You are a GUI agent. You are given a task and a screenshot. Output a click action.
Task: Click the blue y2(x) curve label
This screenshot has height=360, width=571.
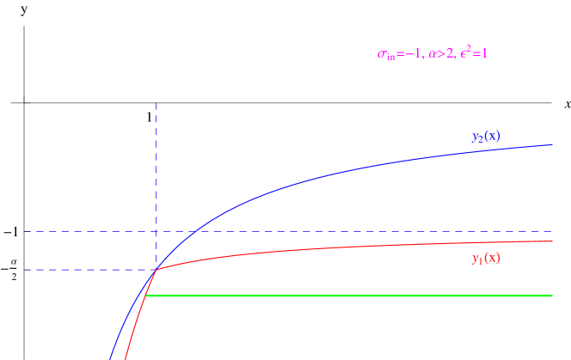click(486, 136)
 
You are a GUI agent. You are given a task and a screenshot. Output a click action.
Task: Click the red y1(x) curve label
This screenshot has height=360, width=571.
click(486, 258)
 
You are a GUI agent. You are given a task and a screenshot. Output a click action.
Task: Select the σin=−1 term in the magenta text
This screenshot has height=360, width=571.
click(399, 54)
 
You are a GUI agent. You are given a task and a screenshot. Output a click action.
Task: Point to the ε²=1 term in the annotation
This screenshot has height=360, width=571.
click(474, 53)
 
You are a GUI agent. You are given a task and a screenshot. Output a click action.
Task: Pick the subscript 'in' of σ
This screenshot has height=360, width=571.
click(390, 57)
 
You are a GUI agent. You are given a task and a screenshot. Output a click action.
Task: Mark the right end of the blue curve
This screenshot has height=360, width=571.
click(552, 144)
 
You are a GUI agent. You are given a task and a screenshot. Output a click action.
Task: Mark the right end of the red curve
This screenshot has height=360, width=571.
click(552, 241)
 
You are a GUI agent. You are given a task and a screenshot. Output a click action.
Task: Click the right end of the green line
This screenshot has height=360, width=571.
click(552, 296)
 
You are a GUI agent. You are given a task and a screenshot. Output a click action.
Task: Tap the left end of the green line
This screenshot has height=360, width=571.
click(148, 296)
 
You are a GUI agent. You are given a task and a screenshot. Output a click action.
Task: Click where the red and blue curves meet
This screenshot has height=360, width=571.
click(156, 270)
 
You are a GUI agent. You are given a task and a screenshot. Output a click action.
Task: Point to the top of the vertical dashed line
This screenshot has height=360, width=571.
click(156, 102)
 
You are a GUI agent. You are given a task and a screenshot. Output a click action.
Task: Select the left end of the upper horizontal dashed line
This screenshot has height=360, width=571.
click(25, 231)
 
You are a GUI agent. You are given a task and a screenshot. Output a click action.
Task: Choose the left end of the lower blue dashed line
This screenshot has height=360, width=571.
click(25, 270)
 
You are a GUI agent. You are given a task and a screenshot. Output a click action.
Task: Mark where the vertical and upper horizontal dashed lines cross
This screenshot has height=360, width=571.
click(156, 231)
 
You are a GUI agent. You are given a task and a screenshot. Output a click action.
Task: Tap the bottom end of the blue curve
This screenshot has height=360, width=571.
click(110, 357)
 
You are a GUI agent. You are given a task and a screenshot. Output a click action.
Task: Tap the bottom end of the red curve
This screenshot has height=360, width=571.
click(126, 357)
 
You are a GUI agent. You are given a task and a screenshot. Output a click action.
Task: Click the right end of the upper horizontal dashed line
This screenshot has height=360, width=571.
click(552, 231)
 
